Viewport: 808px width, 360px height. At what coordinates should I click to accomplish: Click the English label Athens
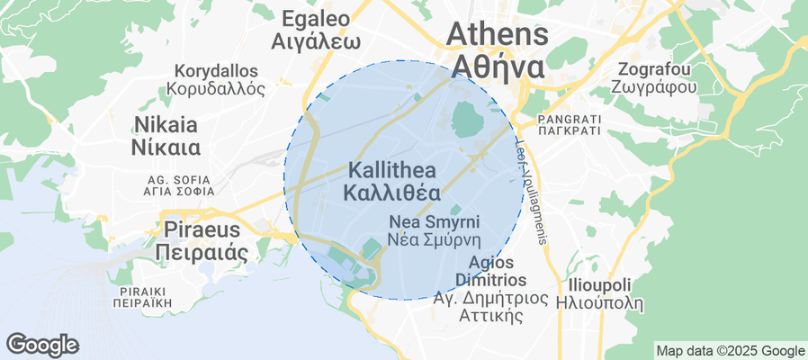[x=498, y=34]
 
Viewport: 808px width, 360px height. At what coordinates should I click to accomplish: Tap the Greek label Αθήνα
[x=498, y=67]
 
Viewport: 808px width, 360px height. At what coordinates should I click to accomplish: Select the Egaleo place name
[x=316, y=18]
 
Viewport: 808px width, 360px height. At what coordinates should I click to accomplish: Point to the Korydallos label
[x=216, y=70]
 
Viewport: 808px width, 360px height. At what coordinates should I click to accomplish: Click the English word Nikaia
[x=166, y=123]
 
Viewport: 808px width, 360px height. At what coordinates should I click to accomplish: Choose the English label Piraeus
[x=201, y=227]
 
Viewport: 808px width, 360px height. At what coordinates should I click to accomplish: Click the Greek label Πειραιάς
[x=201, y=252]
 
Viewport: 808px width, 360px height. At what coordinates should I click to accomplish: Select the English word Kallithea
[x=391, y=170]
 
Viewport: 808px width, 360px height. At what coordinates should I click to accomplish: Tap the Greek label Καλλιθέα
[x=391, y=193]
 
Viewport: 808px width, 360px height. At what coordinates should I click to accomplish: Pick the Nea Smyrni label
[x=434, y=221]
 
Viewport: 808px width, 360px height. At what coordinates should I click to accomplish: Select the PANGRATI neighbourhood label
[x=568, y=119]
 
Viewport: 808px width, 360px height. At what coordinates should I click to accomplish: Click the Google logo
[x=41, y=344]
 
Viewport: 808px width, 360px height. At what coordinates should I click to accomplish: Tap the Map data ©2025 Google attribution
[x=730, y=351]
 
